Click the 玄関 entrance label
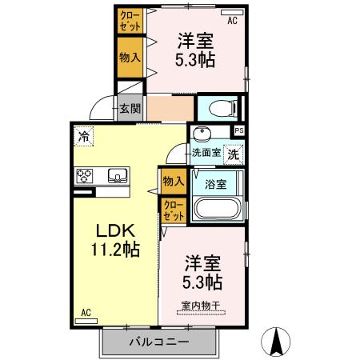click(129, 107)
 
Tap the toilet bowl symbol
click(218, 107)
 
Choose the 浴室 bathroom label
click(215, 183)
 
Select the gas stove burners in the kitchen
click(86, 176)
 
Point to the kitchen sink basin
click(117, 176)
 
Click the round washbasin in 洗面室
click(202, 133)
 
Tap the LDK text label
click(114, 229)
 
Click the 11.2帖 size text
click(114, 250)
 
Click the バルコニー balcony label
click(159, 342)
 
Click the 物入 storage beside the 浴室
click(174, 181)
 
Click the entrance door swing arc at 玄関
click(101, 107)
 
